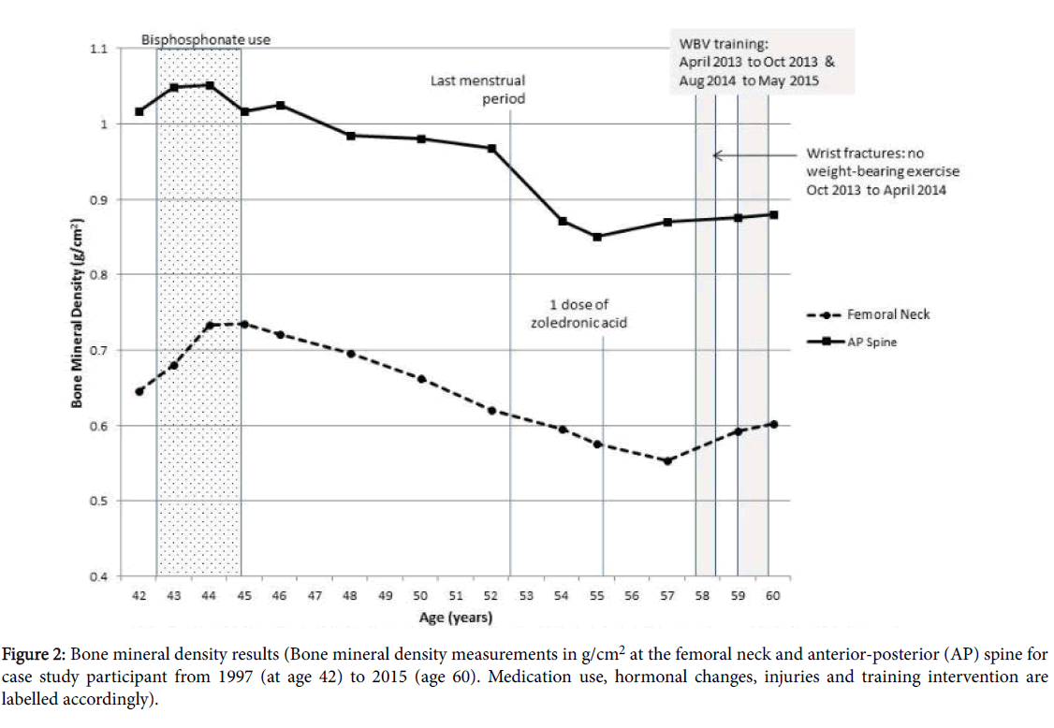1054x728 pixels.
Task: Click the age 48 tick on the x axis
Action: point(350,595)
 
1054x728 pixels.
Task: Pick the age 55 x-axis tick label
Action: point(597,595)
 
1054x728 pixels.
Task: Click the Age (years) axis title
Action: point(455,618)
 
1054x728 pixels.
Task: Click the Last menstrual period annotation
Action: point(477,90)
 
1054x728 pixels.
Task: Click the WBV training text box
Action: point(749,63)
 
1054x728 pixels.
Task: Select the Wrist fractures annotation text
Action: point(883,172)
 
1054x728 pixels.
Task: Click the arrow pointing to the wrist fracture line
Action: point(749,155)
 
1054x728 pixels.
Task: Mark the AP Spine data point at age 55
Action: point(597,236)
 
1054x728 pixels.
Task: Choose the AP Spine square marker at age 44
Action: point(210,85)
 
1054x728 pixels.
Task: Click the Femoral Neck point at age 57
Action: point(667,460)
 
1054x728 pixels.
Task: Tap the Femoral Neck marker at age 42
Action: point(139,391)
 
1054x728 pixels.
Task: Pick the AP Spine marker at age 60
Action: point(773,214)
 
